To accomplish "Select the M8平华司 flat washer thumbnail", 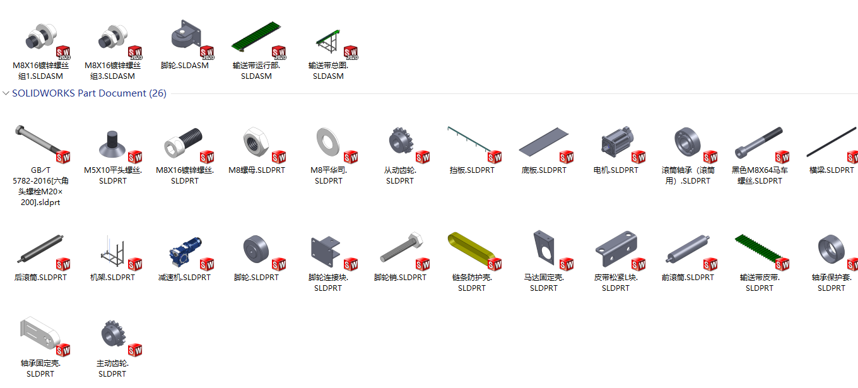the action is pos(328,143).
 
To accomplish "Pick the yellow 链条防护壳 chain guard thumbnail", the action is pos(471,250).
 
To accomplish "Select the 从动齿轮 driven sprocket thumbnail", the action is pos(399,142).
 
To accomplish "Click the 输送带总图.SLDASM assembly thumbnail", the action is pos(328,42).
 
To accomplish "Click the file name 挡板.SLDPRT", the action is pos(472,170).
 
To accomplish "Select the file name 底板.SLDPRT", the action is pos(544,170).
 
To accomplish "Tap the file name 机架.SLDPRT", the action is pos(112,278).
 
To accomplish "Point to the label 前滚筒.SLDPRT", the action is pos(688,278).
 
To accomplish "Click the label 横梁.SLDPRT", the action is pos(832,170).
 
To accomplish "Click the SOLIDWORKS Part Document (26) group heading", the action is pos(89,93).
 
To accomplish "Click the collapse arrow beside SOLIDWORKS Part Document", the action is pos(6,93).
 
